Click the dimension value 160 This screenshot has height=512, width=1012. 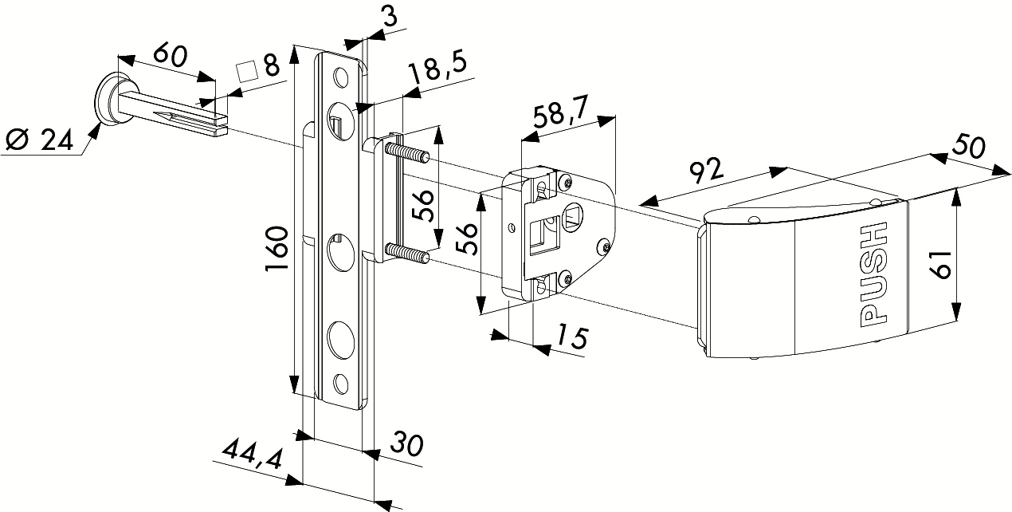pyautogui.click(x=277, y=248)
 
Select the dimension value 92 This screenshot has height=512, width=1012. pyautogui.click(x=705, y=171)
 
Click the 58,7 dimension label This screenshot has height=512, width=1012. pyautogui.click(x=561, y=116)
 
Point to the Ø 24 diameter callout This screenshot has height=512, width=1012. pyautogui.click(x=37, y=140)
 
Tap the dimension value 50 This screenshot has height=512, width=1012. pyautogui.click(x=969, y=149)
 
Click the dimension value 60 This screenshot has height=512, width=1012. pyautogui.click(x=170, y=56)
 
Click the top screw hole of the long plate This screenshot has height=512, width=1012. pyautogui.click(x=341, y=78)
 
